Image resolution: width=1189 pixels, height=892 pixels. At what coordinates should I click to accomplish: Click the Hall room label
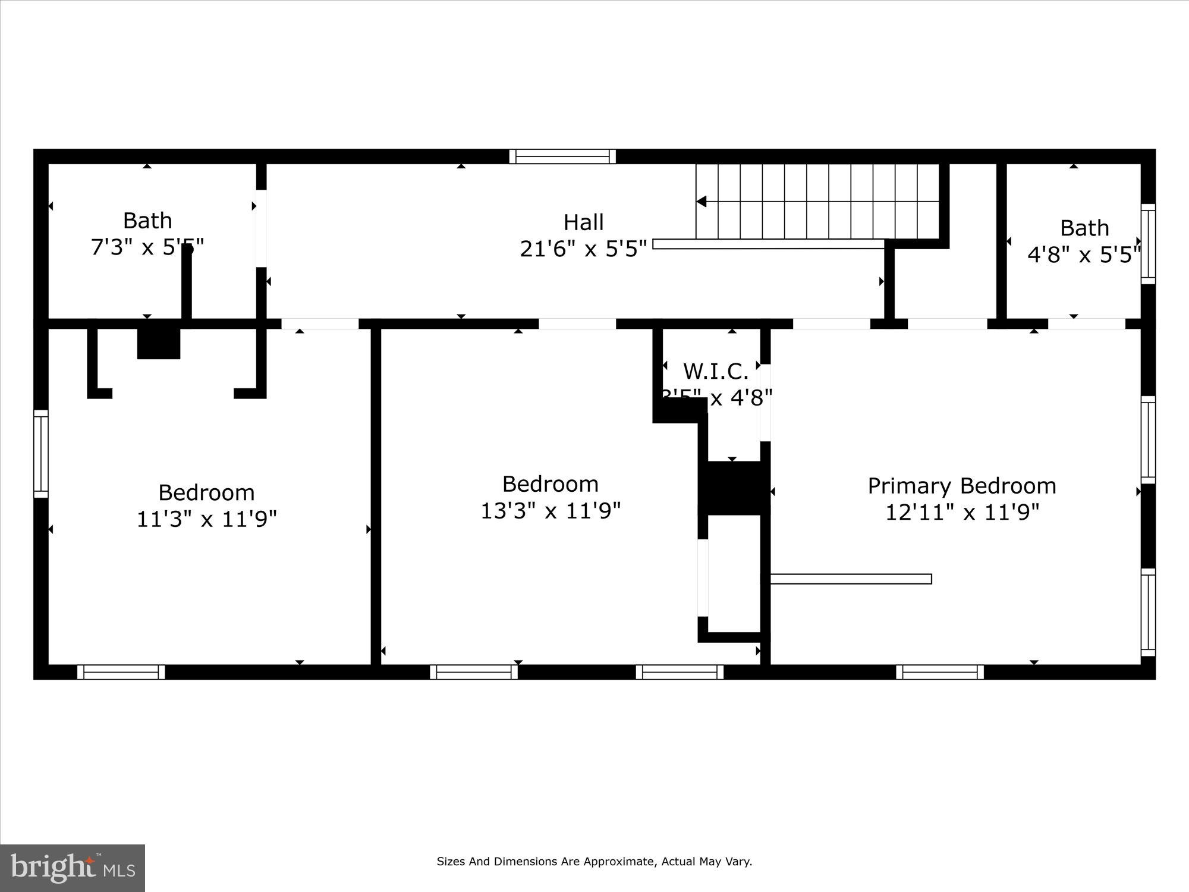coord(583,222)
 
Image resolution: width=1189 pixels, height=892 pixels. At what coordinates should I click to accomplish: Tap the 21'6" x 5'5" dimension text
coord(583,249)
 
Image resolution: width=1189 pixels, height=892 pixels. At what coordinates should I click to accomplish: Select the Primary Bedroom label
coord(962,486)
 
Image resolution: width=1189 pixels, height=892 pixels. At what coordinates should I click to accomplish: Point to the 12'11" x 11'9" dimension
coord(962,512)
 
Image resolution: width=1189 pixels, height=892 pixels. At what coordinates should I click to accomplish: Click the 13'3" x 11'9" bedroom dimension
coord(551,510)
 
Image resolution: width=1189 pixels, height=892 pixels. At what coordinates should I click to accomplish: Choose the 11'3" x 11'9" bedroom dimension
coord(207,519)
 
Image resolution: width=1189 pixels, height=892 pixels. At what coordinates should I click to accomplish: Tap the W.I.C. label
coord(716,372)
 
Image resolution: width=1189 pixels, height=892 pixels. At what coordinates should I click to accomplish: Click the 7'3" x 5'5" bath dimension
coord(147,247)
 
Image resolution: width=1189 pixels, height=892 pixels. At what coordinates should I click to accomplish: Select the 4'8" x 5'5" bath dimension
coord(1084,255)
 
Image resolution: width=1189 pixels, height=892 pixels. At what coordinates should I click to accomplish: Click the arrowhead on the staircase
coord(701,202)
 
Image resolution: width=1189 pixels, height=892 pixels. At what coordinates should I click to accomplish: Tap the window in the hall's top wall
coord(562,156)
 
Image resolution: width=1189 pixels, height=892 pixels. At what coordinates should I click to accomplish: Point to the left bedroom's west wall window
coord(40,453)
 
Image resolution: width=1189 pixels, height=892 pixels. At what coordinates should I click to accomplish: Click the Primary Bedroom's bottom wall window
coord(940,672)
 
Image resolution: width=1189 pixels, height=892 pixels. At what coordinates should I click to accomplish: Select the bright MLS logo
coord(73,868)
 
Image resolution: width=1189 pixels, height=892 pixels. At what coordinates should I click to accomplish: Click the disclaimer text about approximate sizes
coord(594,861)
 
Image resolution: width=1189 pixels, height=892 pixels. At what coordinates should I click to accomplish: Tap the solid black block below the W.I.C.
coord(734,488)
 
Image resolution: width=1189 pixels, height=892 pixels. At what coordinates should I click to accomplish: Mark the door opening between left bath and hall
coord(261,228)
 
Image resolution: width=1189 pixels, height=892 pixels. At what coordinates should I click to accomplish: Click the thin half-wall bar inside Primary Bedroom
coord(850,579)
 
